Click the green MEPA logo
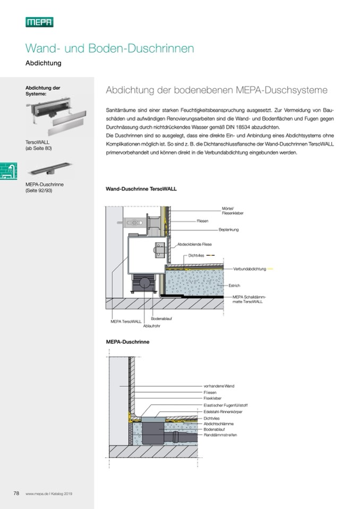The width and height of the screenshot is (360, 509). click(x=39, y=22)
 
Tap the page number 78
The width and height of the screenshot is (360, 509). click(x=16, y=493)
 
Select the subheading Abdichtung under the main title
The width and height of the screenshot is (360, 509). click(x=44, y=63)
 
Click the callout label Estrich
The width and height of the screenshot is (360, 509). click(x=234, y=286)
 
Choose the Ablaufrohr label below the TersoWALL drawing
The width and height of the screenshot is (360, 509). click(x=151, y=324)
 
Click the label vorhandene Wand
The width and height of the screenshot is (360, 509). click(x=219, y=385)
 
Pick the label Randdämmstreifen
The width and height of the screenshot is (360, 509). click(x=220, y=435)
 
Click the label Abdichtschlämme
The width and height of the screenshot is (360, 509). click(x=219, y=424)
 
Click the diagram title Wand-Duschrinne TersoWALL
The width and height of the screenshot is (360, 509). click(x=141, y=188)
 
